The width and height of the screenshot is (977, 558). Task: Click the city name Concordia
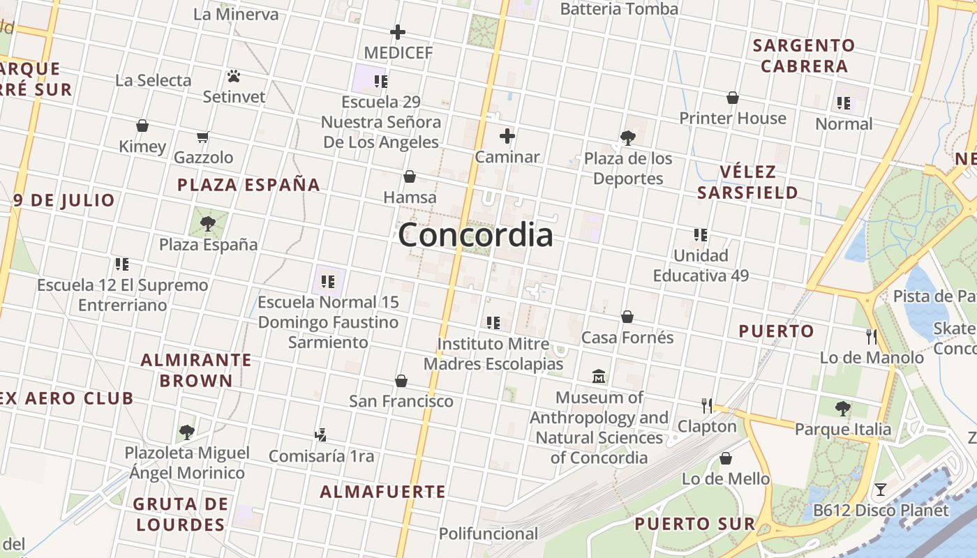coord(475,234)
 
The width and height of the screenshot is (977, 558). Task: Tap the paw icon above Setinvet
coord(234,75)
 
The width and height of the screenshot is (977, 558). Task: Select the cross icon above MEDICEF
coord(397,32)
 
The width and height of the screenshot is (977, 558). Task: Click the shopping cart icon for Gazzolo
coord(202,137)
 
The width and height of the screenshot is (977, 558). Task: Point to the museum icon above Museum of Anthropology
coord(598,377)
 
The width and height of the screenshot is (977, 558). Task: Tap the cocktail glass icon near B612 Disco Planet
coord(881,490)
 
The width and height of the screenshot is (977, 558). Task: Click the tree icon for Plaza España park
coord(207,223)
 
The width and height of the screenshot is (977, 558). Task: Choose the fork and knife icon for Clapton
coord(707,405)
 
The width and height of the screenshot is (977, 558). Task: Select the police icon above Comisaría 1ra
coord(320,435)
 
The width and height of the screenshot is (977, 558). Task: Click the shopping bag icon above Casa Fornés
coord(627,317)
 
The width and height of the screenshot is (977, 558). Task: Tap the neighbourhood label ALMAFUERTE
coord(382,492)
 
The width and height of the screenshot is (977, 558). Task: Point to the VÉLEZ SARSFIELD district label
coord(747,182)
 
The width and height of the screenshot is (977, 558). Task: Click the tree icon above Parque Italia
coord(842,408)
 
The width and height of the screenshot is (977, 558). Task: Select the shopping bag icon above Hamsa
coord(410,176)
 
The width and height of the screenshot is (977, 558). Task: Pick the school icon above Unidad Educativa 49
coord(700,235)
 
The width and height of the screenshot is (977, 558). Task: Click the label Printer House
coord(733,119)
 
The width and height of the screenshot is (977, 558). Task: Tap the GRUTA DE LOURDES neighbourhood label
coord(181,514)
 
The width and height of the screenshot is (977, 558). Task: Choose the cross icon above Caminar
coord(507,136)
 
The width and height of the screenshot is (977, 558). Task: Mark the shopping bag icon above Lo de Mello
coord(726,458)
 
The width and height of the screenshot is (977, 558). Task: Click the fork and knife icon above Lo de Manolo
coord(871,337)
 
